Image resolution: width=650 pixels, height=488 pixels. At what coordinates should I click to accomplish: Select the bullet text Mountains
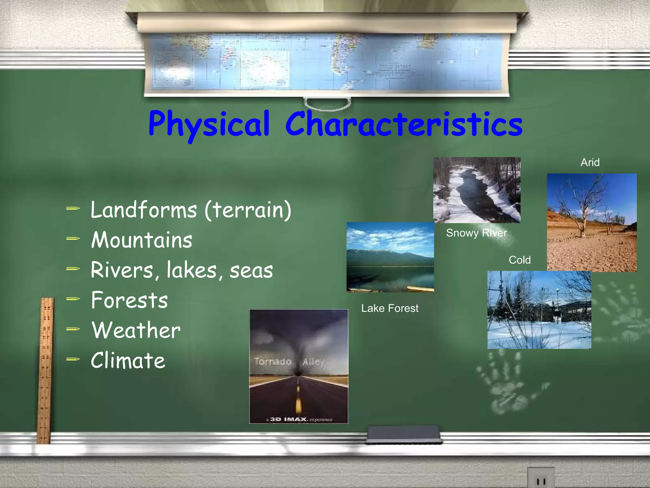[142, 240]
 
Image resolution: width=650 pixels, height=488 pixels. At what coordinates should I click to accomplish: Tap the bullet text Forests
[129, 300]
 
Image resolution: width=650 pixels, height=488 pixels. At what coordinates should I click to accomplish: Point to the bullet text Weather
[136, 330]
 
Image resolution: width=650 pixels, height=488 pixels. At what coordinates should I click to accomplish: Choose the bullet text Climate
[128, 361]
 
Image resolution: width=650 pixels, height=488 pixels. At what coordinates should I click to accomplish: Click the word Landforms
[144, 210]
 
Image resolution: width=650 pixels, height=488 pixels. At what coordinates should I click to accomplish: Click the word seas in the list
[251, 271]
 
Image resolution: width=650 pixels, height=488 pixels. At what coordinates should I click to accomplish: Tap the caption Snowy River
[476, 233]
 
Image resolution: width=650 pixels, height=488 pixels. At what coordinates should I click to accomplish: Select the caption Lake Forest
[390, 308]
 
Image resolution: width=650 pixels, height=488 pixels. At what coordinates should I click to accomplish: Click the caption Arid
[590, 162]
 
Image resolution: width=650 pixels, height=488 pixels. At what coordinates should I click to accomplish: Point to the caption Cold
[520, 260]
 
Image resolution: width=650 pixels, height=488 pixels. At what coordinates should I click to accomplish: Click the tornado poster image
[299, 366]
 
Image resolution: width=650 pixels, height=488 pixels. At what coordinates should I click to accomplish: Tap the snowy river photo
[477, 190]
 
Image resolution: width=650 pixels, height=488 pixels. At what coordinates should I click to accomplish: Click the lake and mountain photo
[390, 257]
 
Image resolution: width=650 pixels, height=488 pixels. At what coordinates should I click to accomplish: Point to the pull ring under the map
[327, 104]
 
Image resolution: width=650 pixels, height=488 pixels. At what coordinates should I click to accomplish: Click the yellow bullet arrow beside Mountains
[73, 239]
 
